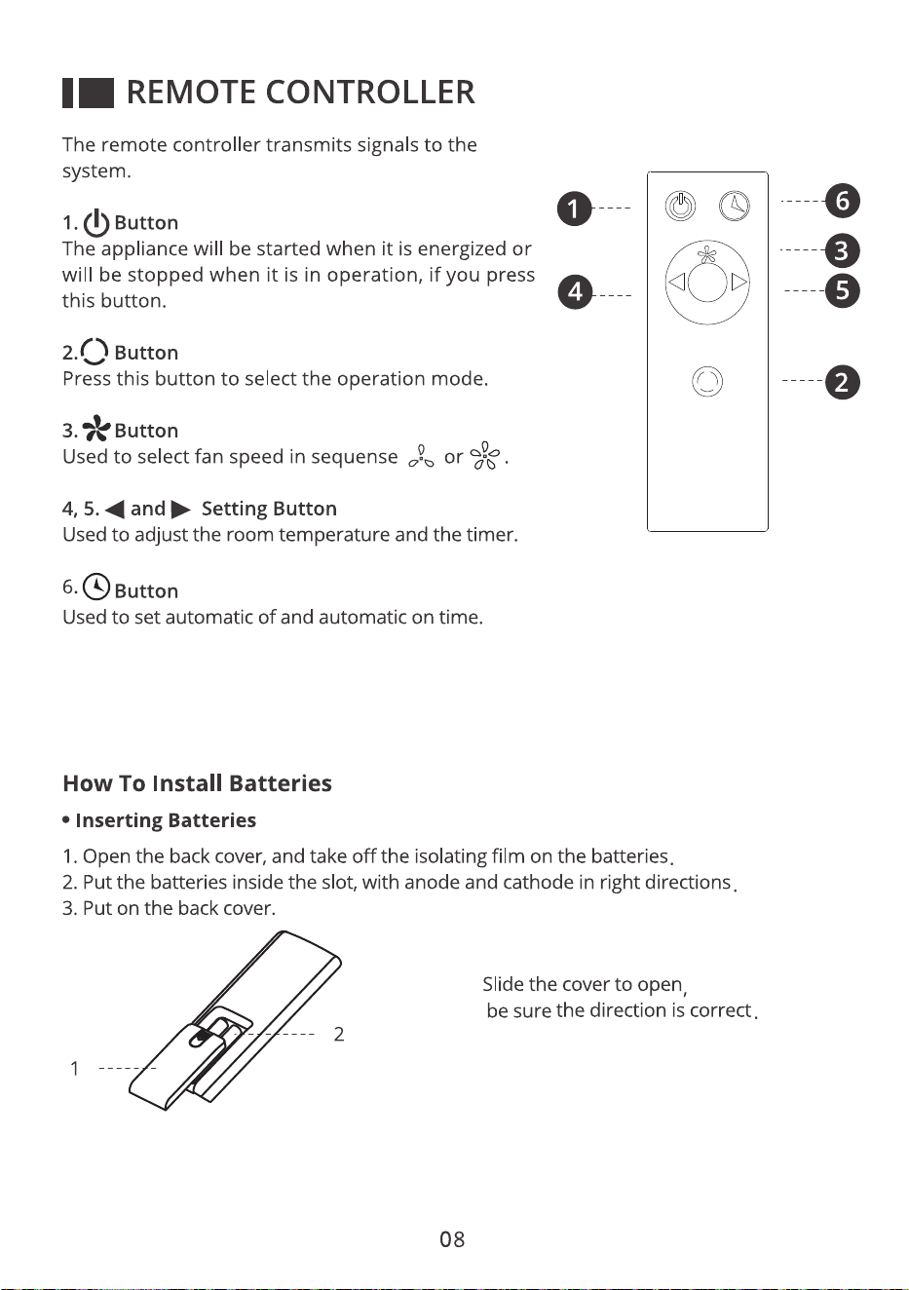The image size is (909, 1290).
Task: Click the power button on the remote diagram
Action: (x=680, y=206)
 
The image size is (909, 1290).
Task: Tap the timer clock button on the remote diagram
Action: (x=735, y=206)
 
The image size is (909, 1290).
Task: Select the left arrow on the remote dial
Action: (x=677, y=283)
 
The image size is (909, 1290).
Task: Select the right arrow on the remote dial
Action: (x=739, y=283)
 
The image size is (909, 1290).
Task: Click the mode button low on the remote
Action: (x=707, y=381)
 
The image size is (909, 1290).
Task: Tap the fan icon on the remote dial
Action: (x=706, y=255)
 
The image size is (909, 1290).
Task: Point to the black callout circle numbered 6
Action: (x=842, y=201)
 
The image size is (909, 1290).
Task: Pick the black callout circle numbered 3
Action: (x=842, y=251)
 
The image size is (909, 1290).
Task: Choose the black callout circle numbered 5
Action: (x=842, y=290)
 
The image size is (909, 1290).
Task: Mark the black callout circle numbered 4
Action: (x=575, y=292)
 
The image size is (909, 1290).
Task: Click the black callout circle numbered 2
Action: (x=842, y=382)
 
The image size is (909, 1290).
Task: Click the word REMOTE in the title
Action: (x=191, y=93)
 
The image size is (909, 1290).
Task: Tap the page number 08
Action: (x=452, y=1238)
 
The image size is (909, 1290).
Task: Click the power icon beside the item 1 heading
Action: (x=96, y=223)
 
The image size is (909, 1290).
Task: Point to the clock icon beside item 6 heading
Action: (x=96, y=587)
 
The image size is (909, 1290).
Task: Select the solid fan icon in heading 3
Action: (x=96, y=429)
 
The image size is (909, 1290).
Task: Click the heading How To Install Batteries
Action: (x=197, y=783)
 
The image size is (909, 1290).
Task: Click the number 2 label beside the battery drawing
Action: (x=339, y=1035)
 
